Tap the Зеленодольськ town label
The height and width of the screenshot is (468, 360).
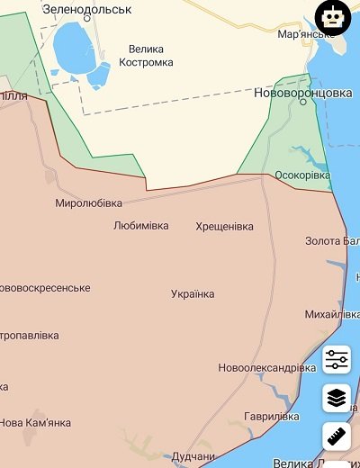tap(86, 8)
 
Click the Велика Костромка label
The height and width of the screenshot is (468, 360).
tap(138, 56)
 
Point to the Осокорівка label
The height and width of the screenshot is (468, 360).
tap(301, 175)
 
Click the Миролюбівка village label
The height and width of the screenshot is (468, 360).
tap(88, 202)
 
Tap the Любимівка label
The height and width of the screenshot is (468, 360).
tap(140, 225)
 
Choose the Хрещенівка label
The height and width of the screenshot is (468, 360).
tap(224, 226)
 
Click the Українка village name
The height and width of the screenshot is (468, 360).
tap(193, 294)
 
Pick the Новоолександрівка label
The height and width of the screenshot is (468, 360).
tap(266, 368)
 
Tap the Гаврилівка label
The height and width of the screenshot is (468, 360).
tap(271, 417)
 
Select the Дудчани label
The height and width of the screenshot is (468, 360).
tap(194, 456)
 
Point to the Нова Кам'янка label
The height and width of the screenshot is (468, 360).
tap(34, 422)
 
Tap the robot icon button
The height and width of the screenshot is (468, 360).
tap(333, 18)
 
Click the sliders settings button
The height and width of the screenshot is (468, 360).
tap(337, 360)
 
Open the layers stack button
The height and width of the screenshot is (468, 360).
tap(337, 397)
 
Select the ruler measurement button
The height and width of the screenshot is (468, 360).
tap(337, 437)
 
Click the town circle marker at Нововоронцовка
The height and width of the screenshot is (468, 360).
tap(303, 102)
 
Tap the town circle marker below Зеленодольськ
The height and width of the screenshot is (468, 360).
tap(86, 17)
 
